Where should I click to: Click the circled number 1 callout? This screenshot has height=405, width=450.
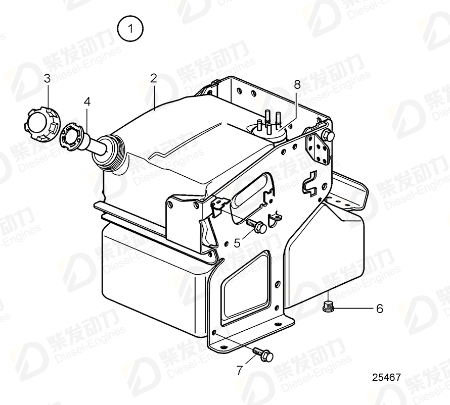(129, 29)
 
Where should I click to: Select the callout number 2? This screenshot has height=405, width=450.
(153, 78)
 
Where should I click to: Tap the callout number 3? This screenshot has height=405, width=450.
(47, 78)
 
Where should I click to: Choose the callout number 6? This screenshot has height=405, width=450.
(379, 308)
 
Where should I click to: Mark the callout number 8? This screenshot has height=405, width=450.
(297, 85)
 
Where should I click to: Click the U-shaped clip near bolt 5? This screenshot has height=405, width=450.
(275, 221)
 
